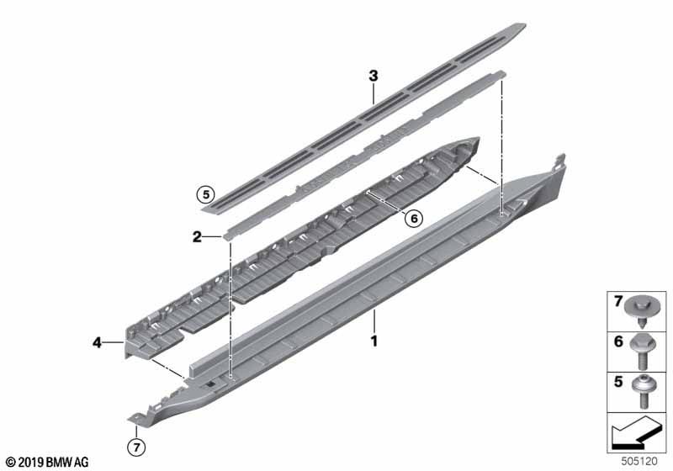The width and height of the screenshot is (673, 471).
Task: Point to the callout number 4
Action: pos(98,342)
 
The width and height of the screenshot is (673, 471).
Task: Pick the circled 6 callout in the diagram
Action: pos(412,218)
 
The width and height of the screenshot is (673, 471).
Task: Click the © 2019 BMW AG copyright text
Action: pos(46,462)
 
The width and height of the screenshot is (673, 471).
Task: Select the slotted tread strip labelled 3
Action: pos(362,114)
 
